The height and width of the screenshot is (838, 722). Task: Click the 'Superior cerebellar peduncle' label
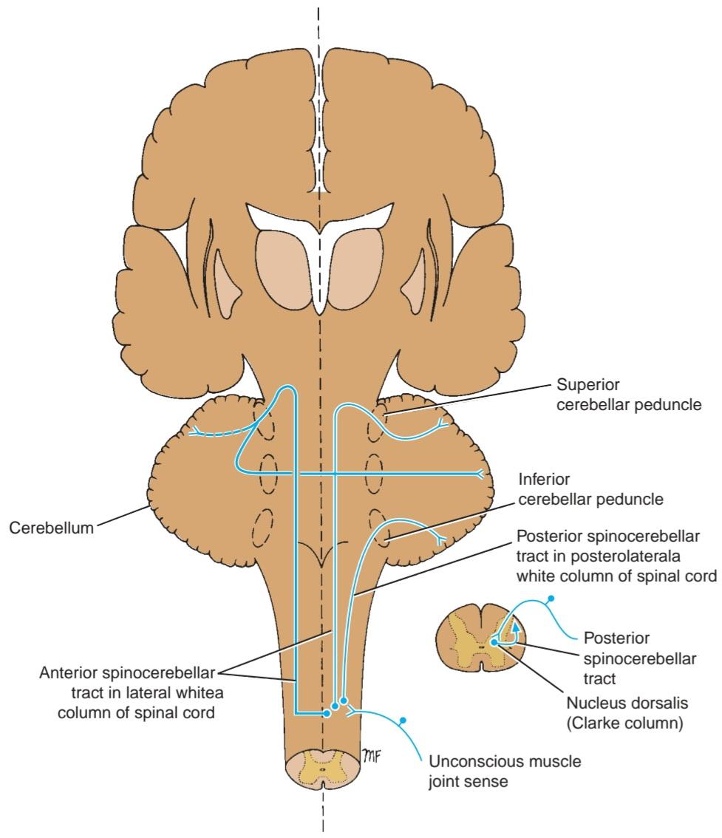click(x=628, y=395)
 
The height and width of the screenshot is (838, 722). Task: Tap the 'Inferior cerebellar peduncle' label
click(x=590, y=489)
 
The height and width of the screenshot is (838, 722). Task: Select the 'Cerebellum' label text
click(x=51, y=528)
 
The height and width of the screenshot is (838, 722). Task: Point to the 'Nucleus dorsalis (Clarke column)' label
click(x=627, y=712)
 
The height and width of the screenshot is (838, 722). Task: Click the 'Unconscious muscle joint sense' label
click(x=505, y=771)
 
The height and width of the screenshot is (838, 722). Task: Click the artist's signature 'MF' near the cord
click(x=372, y=754)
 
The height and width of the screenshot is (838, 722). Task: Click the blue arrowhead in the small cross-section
click(x=515, y=626)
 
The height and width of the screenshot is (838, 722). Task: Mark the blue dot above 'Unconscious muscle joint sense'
click(x=403, y=721)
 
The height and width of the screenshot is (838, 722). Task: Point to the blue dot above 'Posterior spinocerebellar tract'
click(x=551, y=599)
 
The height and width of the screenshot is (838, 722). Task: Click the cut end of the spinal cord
click(x=322, y=769)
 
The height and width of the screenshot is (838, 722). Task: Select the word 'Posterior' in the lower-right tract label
click(x=617, y=638)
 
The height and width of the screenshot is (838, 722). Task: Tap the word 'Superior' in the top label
click(x=588, y=385)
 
